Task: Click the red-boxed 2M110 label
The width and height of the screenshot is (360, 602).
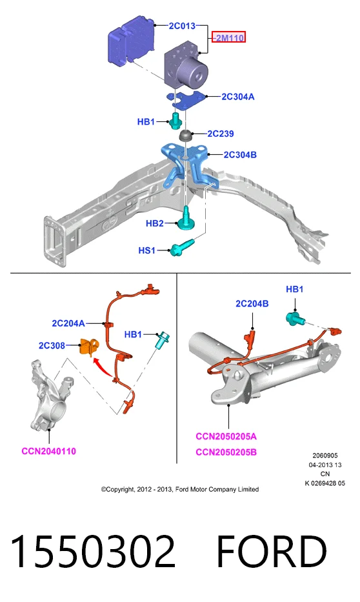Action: tap(229, 37)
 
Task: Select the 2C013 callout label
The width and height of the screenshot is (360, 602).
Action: tap(182, 26)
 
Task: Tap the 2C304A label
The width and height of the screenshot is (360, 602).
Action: tap(238, 97)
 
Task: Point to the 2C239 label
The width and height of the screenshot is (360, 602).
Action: tap(221, 134)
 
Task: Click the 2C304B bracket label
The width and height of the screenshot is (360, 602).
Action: tap(240, 155)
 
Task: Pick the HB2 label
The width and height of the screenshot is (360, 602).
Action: tap(155, 223)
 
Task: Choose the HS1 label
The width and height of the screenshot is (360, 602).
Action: tap(147, 250)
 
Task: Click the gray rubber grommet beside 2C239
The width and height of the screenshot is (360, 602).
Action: tap(186, 135)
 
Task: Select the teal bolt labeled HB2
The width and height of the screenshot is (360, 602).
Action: tap(186, 219)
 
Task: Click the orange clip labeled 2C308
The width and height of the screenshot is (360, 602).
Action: tap(88, 346)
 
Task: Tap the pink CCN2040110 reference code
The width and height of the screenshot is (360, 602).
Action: tap(49, 451)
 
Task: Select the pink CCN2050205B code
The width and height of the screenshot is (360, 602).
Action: tap(226, 452)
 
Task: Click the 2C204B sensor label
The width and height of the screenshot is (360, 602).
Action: tap(252, 304)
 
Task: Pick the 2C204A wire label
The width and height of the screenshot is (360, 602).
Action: tap(68, 323)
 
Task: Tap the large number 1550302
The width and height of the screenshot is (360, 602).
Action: tap(94, 551)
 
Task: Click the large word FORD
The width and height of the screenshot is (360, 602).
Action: tap(272, 551)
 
